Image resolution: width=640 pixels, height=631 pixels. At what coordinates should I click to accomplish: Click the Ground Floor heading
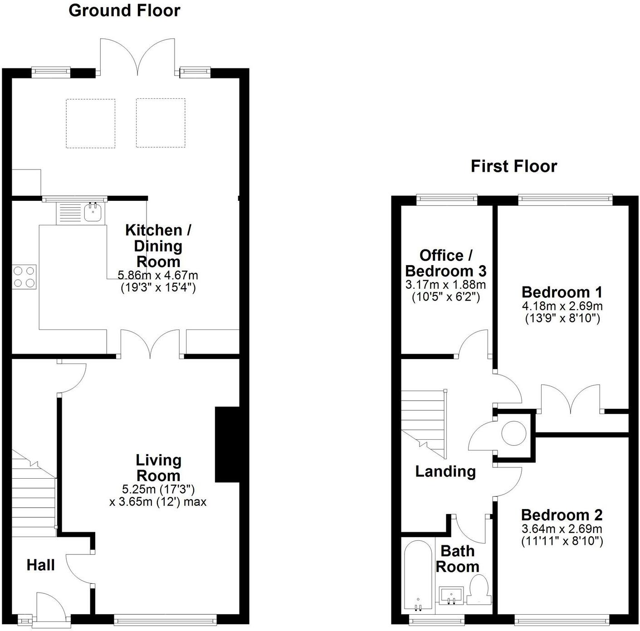pyautogui.click(x=124, y=10)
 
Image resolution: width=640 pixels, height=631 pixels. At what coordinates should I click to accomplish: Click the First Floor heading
pyautogui.click(x=513, y=166)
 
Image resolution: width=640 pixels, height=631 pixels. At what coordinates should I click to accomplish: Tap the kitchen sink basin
pyautogui.click(x=93, y=213)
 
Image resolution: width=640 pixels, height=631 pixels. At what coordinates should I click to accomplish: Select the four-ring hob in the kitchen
pyautogui.click(x=24, y=277)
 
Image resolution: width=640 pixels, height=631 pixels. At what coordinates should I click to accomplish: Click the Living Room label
pyautogui.click(x=158, y=468)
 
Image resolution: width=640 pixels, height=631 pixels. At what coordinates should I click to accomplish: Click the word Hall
pyautogui.click(x=40, y=565)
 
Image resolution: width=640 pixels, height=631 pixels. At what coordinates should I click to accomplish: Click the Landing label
pyautogui.click(x=445, y=471)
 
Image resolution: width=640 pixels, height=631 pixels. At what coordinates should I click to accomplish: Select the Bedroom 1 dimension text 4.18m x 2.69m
pyautogui.click(x=562, y=306)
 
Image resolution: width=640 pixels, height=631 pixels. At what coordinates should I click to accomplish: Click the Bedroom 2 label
pyautogui.click(x=562, y=515)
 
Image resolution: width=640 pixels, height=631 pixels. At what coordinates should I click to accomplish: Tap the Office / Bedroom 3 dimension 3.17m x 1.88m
pyautogui.click(x=445, y=285)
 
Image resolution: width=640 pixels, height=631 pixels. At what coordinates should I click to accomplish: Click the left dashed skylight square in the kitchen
pyautogui.click(x=91, y=123)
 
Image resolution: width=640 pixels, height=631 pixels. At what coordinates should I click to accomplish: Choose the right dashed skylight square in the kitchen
pyautogui.click(x=161, y=123)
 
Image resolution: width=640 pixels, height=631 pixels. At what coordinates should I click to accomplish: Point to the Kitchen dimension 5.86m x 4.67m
pyautogui.click(x=158, y=275)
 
